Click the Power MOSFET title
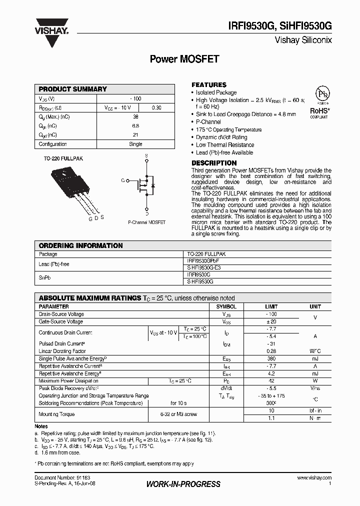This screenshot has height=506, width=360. pyautogui.click(x=184, y=59)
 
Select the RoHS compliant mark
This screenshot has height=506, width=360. pyautogui.click(x=318, y=112)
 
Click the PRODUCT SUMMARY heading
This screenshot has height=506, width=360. pyautogui.click(x=73, y=89)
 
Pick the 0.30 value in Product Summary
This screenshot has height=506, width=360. pyautogui.click(x=156, y=107)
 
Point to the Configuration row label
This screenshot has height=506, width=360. pyautogui.click(x=53, y=144)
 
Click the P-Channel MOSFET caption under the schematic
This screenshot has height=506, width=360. pyautogui.click(x=146, y=222)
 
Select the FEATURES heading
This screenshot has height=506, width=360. pyautogui.click(x=209, y=84)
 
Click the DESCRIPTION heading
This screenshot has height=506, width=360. pyautogui.click(x=214, y=163)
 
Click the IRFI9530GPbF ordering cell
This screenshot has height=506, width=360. pyautogui.click(x=203, y=261)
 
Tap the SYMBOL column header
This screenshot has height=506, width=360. pyautogui.click(x=226, y=306)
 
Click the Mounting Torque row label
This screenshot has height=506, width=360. pyautogui.click(x=56, y=414)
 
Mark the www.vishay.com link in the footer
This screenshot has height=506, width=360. pyautogui.click(x=314, y=478)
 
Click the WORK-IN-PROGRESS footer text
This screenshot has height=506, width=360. pyautogui.click(x=183, y=484)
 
